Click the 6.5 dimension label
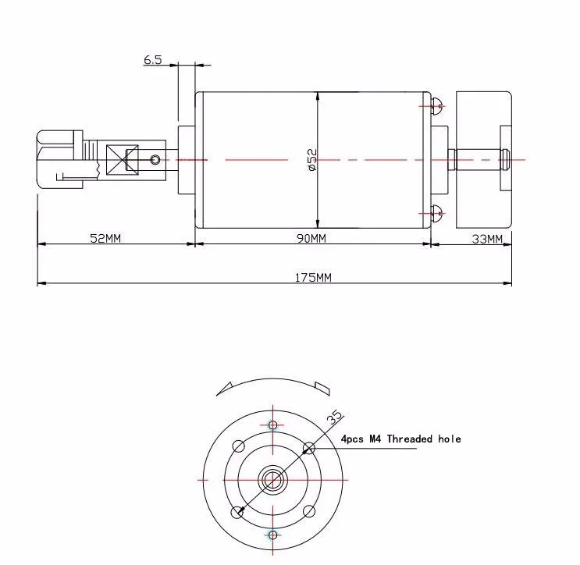coord(152,59)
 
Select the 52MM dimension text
coord(105,238)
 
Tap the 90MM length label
coord(311,238)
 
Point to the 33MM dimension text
coord(487,238)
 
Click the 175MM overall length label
coord(312,277)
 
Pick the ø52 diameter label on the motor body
coord(311,159)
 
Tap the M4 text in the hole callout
coord(375,439)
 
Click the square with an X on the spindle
coord(122,159)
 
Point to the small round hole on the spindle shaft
coord(156,160)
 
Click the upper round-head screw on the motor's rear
coord(437,105)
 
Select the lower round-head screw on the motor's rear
coord(437,211)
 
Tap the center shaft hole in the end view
coord(272,478)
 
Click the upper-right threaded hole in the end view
coord(308,447)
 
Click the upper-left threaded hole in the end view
coord(239,446)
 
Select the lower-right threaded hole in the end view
coord(308,511)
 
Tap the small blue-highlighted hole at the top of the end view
coord(272,425)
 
